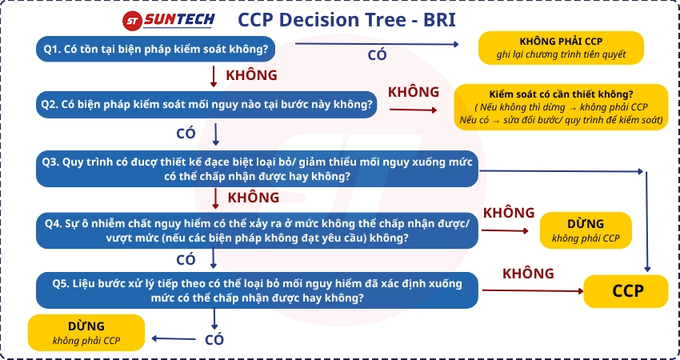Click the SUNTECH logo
pyautogui.click(x=168, y=20)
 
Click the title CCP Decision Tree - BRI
pyautogui.click(x=346, y=20)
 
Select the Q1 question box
pyautogui.click(x=156, y=49)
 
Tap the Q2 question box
pyautogui.click(x=206, y=105)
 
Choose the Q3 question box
pyautogui.click(x=257, y=169)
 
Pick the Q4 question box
pyautogui.click(x=257, y=230)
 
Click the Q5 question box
pyautogui.click(x=257, y=290)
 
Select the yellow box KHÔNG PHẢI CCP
pyautogui.click(x=561, y=48)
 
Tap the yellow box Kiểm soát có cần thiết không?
pyautogui.click(x=561, y=106)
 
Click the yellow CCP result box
pyautogui.click(x=626, y=291)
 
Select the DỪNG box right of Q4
pyautogui.click(x=586, y=230)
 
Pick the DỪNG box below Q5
pyautogui.click(x=86, y=333)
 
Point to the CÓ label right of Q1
pyautogui.click(x=378, y=55)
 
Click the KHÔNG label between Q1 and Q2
pyautogui.click(x=251, y=75)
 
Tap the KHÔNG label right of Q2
pyautogui.click(x=414, y=92)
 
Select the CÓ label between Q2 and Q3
pyautogui.click(x=186, y=134)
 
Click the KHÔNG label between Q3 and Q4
pyautogui.click(x=254, y=198)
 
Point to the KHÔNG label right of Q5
pyautogui.click(x=528, y=274)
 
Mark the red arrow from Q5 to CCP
pyautogui.click(x=533, y=290)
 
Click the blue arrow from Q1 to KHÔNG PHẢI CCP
pyautogui.click(x=377, y=44)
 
